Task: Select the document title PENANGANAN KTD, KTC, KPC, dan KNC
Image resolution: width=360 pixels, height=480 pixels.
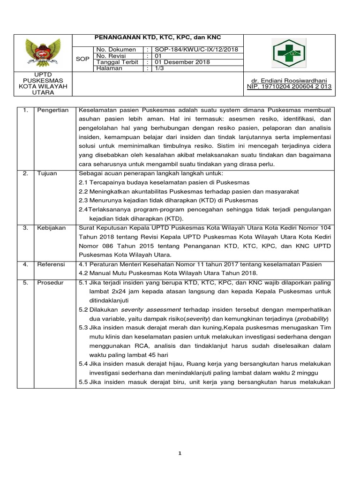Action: [x=158, y=37]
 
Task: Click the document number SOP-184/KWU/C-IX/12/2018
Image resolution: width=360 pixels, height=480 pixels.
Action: [x=197, y=50]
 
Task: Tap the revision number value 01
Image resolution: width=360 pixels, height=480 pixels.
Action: [x=158, y=56]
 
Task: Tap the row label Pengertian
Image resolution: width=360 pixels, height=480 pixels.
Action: [x=53, y=110]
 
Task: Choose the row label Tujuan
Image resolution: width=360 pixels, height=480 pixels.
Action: [x=47, y=173]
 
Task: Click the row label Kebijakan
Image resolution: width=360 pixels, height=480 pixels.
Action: [x=51, y=227]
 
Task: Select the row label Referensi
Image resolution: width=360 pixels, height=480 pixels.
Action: [x=52, y=264]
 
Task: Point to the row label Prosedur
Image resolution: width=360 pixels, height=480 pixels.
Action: [x=51, y=283]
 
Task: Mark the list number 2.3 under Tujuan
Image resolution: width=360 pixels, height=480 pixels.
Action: [x=83, y=200]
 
